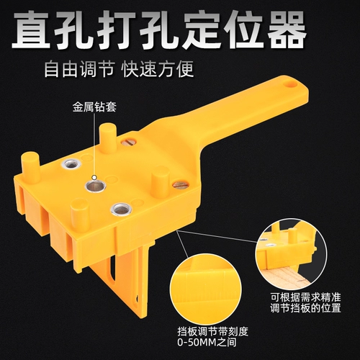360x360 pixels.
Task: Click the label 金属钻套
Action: [94, 107]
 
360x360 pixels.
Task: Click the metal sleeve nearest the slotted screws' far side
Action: [71, 165]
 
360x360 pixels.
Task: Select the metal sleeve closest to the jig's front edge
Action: [121, 210]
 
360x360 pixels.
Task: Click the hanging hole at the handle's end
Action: [290, 84]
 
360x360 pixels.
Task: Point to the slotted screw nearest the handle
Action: [128, 143]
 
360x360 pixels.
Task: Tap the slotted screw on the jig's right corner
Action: [180, 184]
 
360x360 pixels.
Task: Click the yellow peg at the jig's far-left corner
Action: [30, 164]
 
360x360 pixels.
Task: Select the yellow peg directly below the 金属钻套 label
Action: [108, 138]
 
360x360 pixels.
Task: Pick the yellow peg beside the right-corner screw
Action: [161, 179]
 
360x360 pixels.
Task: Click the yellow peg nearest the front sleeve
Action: [79, 215]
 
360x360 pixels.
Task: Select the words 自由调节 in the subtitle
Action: [79, 69]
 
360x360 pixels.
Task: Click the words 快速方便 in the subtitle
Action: [158, 69]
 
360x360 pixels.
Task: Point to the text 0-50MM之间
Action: [207, 342]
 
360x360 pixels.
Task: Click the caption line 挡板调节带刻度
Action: [212, 332]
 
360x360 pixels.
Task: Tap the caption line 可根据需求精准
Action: [306, 297]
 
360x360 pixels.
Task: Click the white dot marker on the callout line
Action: [94, 178]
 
